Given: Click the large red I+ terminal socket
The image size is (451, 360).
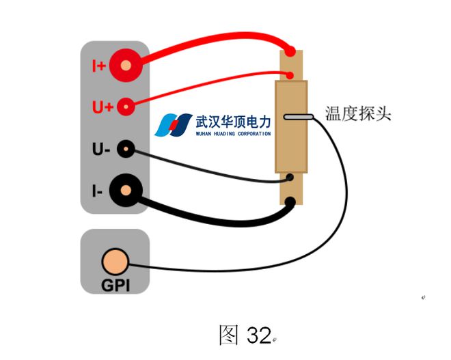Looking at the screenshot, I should point(126,66).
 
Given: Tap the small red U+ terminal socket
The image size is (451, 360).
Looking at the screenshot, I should point(126,107).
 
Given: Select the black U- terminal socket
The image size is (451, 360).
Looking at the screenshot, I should point(126,149).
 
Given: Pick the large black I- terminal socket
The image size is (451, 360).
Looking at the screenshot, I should point(126,191).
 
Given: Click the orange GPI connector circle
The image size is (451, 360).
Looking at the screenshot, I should point(114,262).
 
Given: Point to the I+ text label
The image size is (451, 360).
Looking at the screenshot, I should point(99,66).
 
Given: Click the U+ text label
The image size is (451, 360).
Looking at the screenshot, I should point(101,107).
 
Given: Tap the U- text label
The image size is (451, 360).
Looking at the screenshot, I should point(100,149).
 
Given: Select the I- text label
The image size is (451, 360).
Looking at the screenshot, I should point(98,192).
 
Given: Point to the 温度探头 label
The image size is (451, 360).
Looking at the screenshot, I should point(357,113).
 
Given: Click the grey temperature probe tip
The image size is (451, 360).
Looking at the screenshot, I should point(298,117).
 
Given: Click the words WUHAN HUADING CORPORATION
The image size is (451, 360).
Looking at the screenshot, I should point(233,133).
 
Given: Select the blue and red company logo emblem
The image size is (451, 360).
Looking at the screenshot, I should point(174,125).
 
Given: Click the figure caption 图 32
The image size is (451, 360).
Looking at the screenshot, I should point(245,335).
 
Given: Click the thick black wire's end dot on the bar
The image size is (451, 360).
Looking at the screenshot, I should point(292,202).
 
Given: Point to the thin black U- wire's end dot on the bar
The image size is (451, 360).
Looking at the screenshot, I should point(292,179).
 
